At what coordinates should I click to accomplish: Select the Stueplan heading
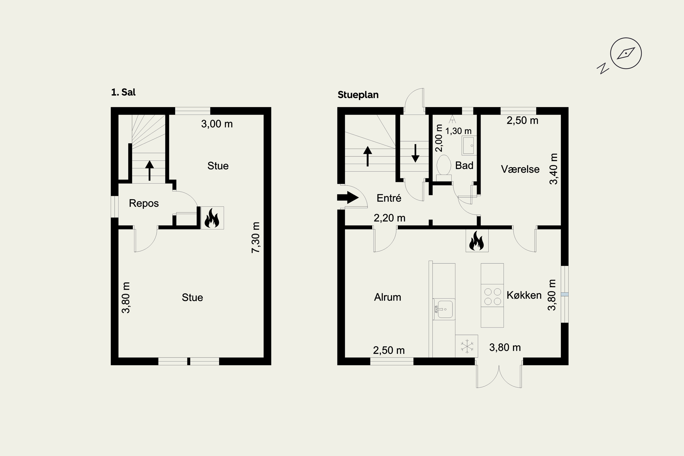click(358, 95)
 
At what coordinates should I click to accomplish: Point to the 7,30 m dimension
click(256, 237)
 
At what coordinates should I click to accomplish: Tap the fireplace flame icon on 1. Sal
click(212, 218)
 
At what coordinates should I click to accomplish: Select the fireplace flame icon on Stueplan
click(477, 241)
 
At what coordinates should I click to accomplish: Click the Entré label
click(389, 198)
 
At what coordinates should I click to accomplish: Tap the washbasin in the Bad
click(469, 145)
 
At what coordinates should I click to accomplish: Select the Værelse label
click(520, 169)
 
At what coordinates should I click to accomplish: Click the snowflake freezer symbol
click(467, 346)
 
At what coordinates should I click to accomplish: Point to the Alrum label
click(387, 297)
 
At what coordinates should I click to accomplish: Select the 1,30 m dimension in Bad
click(458, 131)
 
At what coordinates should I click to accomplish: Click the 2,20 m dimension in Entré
click(389, 218)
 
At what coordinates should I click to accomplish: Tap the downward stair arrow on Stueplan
click(415, 153)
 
